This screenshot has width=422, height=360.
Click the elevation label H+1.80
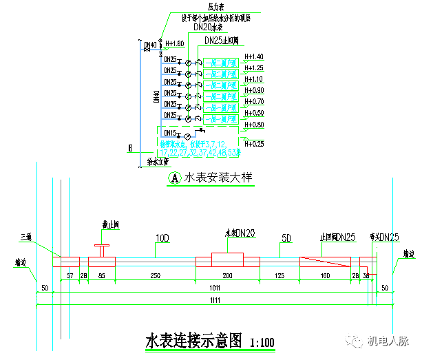coord(175,43)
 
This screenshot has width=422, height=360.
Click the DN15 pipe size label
coord(171,133)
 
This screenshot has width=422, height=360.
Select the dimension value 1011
coord(216,288)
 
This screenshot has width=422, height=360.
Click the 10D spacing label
coord(162,239)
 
